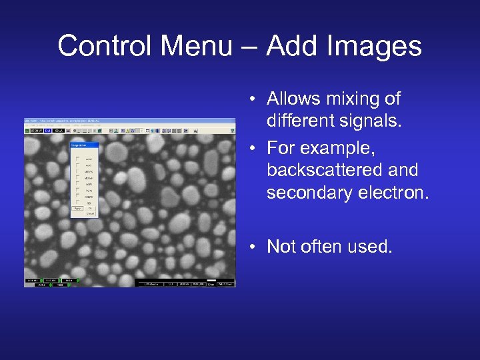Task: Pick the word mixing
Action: tap(359, 99)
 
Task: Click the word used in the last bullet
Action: tap(369, 247)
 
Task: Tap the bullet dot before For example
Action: tap(254, 147)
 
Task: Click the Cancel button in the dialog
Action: tap(90, 213)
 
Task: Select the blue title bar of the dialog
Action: tap(84, 144)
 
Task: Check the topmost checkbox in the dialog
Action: tap(78, 159)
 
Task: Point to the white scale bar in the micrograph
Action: tap(212, 279)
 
